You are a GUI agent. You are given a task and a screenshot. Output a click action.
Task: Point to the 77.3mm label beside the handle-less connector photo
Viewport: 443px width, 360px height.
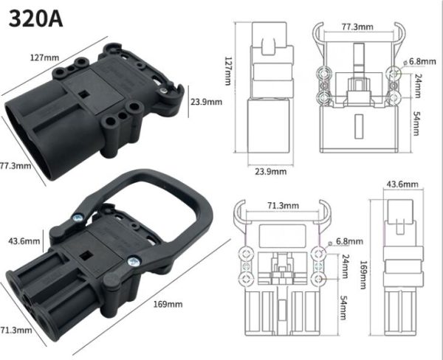point(16,165)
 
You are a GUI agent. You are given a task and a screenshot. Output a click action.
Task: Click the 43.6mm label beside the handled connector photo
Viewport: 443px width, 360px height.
point(23,241)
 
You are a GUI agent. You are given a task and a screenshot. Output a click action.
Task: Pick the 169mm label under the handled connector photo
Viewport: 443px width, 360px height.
point(168,304)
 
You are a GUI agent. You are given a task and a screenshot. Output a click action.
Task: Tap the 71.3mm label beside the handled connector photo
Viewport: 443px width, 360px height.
point(16,329)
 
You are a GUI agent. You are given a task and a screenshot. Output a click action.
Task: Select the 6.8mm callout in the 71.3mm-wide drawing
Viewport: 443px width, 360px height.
point(349,241)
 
